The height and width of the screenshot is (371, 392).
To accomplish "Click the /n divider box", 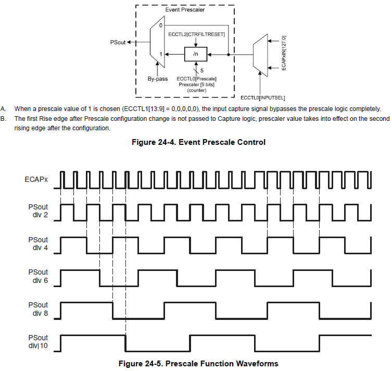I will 196,54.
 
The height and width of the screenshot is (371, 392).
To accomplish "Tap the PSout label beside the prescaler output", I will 118,42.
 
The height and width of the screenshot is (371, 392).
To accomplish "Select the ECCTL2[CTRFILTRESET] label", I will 196,34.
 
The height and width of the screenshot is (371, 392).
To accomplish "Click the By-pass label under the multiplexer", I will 157,79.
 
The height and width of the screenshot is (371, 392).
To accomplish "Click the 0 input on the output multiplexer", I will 161,25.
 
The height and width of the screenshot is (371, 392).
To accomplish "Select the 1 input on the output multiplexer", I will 161,54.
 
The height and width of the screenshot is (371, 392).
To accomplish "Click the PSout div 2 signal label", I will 38,211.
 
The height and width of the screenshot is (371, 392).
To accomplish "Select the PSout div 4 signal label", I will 38,244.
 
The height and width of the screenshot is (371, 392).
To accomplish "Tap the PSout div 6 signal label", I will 38,276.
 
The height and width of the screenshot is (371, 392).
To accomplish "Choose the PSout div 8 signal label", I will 38,309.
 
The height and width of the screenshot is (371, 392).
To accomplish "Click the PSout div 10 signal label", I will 38,342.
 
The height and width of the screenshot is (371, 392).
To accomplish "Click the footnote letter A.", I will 3,109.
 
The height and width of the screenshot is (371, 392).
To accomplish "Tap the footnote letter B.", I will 3,119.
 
